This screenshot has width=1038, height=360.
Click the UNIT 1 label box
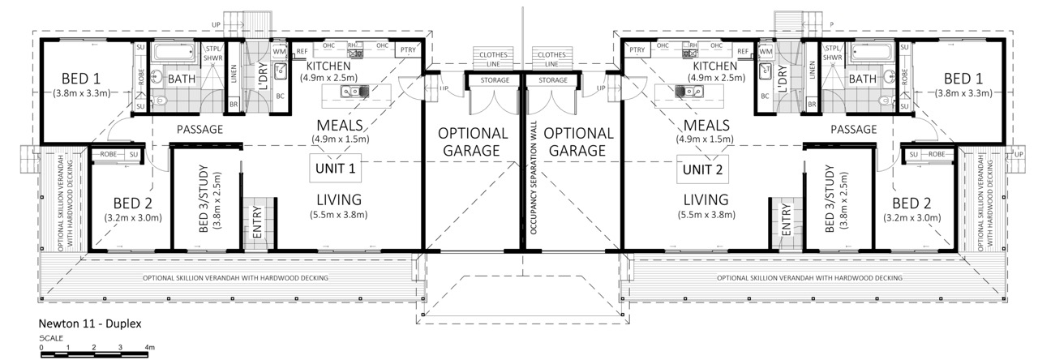[336, 168]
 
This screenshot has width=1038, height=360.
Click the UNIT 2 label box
[702, 169]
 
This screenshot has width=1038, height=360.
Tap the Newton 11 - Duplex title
[90, 324]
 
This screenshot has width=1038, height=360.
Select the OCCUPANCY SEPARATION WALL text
[533, 178]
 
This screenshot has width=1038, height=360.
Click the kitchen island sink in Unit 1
[354, 92]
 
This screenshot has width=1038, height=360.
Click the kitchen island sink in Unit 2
[688, 92]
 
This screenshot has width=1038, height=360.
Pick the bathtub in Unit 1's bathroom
[174, 52]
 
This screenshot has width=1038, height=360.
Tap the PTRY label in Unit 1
[408, 50]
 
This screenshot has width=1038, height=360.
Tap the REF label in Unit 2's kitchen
[742, 51]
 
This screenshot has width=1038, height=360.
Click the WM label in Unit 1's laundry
[279, 51]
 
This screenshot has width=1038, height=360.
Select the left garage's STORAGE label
[495, 80]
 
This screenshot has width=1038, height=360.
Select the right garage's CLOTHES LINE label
[551, 59]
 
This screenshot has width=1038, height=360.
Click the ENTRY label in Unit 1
[258, 222]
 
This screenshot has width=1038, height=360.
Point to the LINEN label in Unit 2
[812, 71]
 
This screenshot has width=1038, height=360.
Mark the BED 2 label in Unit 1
[133, 203]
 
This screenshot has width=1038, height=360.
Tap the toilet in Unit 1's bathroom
[161, 100]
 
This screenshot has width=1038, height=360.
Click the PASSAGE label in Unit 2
[854, 129]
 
